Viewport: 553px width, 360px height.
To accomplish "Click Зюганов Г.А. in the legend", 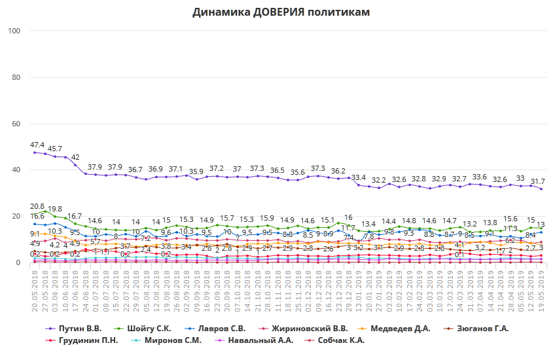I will tap(485, 328).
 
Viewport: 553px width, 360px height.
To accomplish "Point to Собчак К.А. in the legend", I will tap(341, 340).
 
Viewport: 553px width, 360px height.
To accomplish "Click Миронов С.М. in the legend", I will tap(173, 340).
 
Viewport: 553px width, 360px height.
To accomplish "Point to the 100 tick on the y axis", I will tap(15, 31).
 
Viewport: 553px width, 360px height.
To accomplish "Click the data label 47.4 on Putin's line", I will tap(37, 145).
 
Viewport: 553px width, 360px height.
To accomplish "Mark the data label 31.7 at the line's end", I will tap(537, 181).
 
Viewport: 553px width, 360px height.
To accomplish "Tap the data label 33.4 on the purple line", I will tap(359, 177).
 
